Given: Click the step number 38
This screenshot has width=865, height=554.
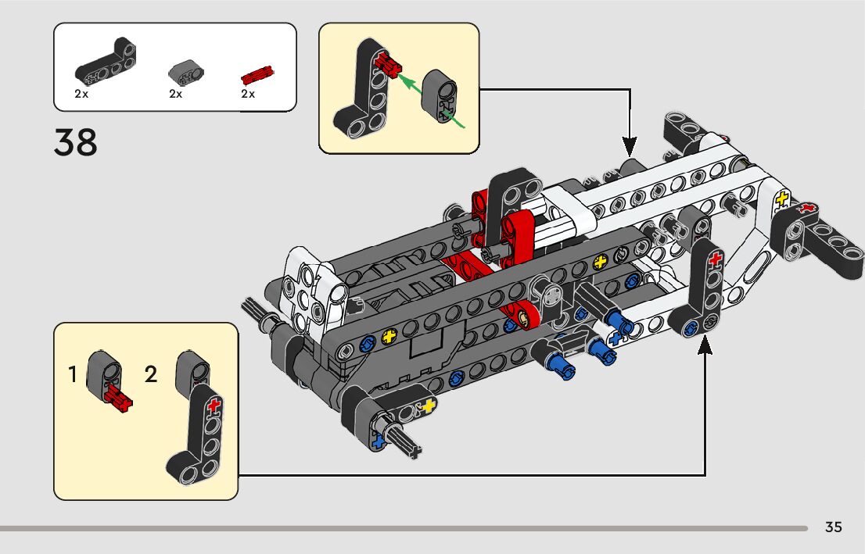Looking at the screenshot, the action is click(x=76, y=142).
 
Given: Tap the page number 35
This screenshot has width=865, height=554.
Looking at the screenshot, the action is click(x=833, y=527).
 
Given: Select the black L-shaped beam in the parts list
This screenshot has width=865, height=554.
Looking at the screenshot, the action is click(x=106, y=61).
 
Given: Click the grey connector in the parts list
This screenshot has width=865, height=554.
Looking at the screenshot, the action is click(x=186, y=72).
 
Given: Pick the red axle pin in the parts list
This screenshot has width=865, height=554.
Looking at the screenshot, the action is click(x=257, y=74).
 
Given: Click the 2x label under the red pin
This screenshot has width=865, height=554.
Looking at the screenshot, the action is click(x=248, y=95).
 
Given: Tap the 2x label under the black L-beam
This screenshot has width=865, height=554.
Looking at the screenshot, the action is click(x=81, y=95).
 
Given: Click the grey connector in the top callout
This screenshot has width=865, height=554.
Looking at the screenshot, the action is click(x=440, y=95).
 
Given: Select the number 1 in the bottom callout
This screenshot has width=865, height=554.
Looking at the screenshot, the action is click(x=72, y=374).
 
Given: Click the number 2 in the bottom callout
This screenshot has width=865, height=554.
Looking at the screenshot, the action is click(x=151, y=374).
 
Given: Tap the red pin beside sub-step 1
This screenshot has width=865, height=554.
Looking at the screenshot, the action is click(x=119, y=398).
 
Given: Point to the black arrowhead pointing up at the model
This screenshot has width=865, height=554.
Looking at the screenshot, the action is click(x=705, y=345).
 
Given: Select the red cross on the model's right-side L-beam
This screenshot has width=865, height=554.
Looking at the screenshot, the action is click(x=715, y=259).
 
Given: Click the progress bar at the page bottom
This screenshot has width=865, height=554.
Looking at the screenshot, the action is click(x=404, y=529).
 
